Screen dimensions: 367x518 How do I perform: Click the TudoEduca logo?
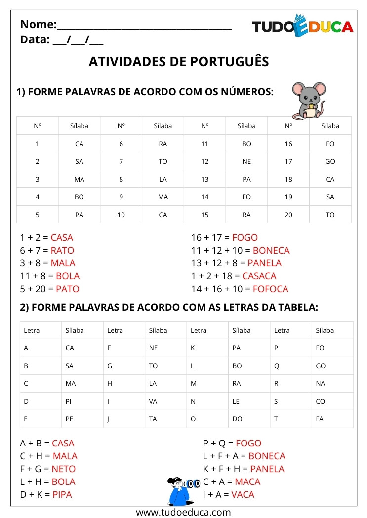302,26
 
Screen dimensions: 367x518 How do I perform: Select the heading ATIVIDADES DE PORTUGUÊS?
179,61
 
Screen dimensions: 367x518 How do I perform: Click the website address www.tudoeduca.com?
183,512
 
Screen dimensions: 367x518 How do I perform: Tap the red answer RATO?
62,250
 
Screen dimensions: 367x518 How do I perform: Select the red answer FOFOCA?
270,289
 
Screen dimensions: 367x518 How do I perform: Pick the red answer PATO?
67,289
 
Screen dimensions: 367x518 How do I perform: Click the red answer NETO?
64,469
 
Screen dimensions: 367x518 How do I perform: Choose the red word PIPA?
62,494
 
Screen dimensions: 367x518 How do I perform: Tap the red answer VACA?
242,494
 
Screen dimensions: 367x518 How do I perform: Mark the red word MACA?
247,481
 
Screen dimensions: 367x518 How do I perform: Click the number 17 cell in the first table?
288,161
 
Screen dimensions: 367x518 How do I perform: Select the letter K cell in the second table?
194,348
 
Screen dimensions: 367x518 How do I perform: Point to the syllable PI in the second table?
69,401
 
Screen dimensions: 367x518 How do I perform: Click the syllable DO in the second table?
237,419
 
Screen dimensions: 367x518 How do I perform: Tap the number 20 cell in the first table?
288,215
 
